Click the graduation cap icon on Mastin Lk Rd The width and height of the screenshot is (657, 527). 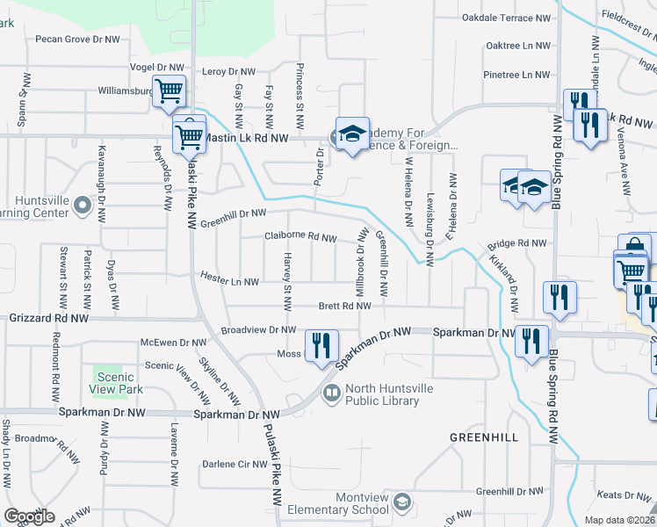(x=352, y=134)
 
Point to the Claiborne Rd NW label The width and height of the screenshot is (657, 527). (x=300, y=237)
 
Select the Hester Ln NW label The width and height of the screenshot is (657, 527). (x=229, y=281)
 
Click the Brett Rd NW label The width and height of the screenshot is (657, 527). (x=344, y=307)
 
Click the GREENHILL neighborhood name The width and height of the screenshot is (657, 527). (x=484, y=437)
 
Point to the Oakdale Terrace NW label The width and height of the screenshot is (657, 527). (x=507, y=17)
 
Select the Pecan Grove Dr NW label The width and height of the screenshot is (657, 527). (x=77, y=39)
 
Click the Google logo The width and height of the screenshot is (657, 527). (x=29, y=516)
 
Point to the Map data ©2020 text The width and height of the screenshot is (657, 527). (x=617, y=520)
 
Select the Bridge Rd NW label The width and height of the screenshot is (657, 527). (x=516, y=243)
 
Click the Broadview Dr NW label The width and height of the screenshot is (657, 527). (x=258, y=330)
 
